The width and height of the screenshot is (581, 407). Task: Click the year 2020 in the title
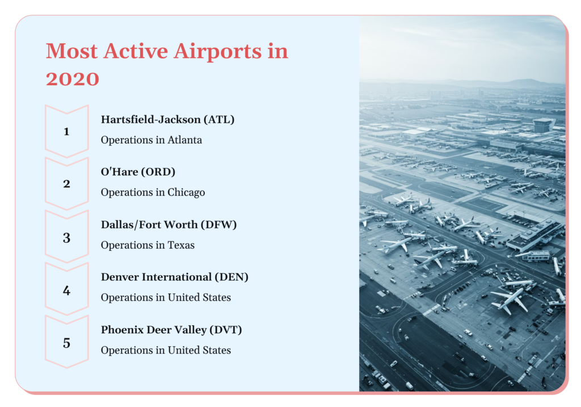coord(73,79)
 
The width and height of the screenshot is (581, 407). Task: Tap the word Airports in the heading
coord(217,52)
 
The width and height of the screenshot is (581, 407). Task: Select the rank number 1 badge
coord(67,131)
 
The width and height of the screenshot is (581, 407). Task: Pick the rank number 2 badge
coord(67,184)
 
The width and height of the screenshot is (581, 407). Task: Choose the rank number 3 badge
coord(67,237)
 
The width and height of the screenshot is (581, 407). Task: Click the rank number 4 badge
coord(67,290)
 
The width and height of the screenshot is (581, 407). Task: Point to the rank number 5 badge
coord(67,342)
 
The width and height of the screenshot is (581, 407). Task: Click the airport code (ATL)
coord(219,119)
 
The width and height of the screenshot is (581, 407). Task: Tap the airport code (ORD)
coord(159,171)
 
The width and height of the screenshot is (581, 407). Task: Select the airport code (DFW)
coord(218,225)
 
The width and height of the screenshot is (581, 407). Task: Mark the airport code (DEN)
coord(231,277)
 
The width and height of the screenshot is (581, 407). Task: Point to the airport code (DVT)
coord(226,330)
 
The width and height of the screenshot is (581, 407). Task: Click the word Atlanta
coord(184,140)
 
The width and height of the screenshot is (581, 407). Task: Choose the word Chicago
coord(186,193)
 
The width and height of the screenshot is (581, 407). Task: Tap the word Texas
coord(181,245)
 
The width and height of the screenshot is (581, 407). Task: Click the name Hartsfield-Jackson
coord(151,119)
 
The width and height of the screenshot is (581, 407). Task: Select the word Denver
coord(119,277)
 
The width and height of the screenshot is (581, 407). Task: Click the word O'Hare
coord(120,171)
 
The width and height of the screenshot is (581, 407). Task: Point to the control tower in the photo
coord(542,125)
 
